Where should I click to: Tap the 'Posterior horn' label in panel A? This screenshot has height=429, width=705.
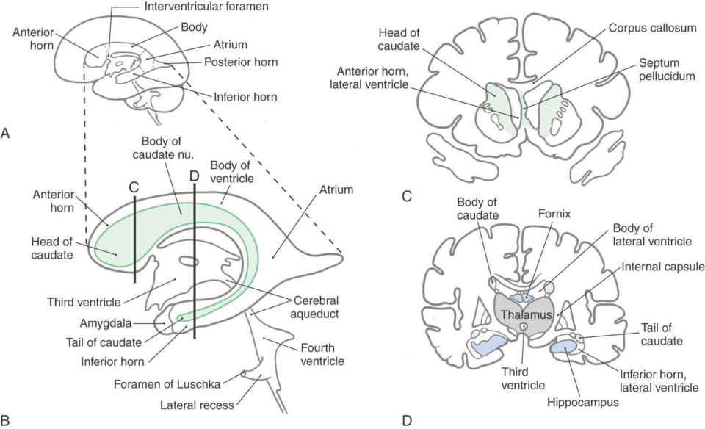(x=242, y=62)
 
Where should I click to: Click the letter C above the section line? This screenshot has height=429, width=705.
(x=134, y=187)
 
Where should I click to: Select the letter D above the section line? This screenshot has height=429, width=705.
(x=194, y=176)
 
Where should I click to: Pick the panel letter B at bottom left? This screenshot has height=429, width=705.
(x=6, y=420)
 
